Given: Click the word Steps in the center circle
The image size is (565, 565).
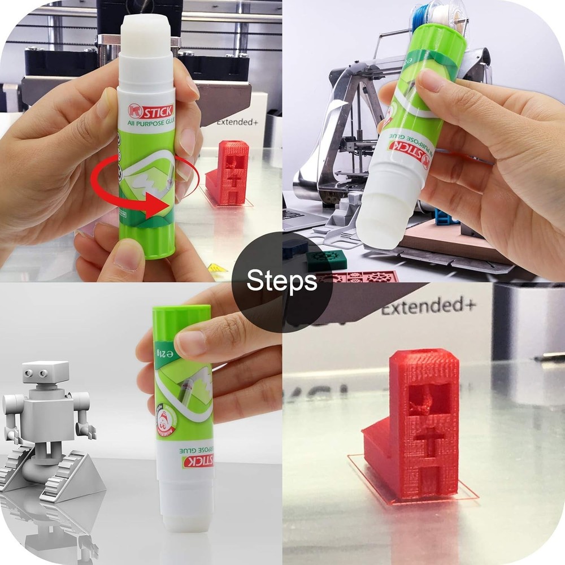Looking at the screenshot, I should click(x=282, y=280).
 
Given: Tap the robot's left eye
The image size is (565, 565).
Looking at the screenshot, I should click(x=28, y=372).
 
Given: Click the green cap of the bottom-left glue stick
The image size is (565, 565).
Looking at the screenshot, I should click(x=182, y=315).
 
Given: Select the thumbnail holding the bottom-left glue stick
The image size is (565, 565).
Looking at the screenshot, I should click(x=191, y=342).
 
